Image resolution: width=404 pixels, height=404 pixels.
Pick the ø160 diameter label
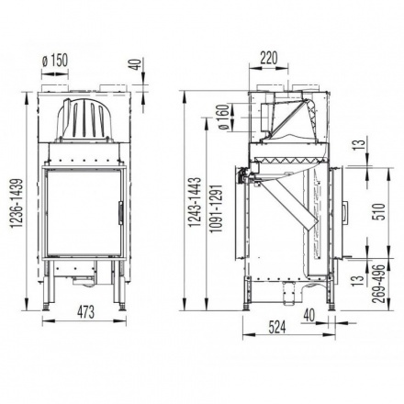click(225, 118)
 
